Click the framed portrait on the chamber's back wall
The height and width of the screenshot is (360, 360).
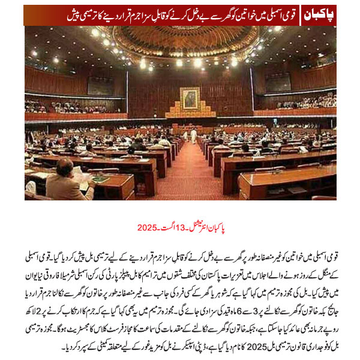pyautogui.click(x=190, y=99)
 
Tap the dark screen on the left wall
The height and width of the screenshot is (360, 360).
pyautogui.click(x=100, y=85)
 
